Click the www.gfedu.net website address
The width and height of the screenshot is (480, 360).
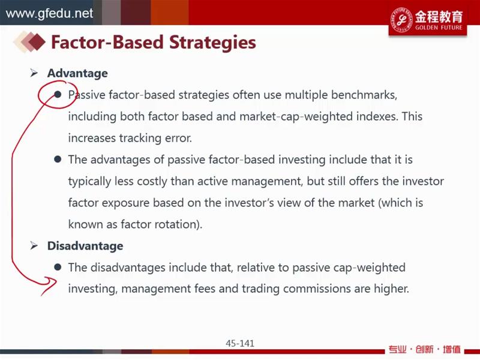[49, 13]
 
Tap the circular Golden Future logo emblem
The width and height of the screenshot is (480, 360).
[401, 20]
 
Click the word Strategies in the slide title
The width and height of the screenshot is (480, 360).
[212, 42]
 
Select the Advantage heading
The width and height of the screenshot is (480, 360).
[77, 73]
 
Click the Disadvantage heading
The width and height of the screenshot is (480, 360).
[85, 246]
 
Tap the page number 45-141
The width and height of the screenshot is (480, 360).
[240, 343]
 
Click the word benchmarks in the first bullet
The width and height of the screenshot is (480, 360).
[364, 95]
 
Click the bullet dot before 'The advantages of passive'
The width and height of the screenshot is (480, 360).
[58, 159]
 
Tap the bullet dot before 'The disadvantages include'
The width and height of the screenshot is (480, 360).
[58, 267]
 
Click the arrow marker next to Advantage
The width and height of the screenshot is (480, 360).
[34, 73]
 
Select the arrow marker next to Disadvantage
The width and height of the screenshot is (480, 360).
[34, 245]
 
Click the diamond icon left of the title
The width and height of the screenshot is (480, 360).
[29, 42]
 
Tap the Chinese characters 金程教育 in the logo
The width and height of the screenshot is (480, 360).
[439, 16]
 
